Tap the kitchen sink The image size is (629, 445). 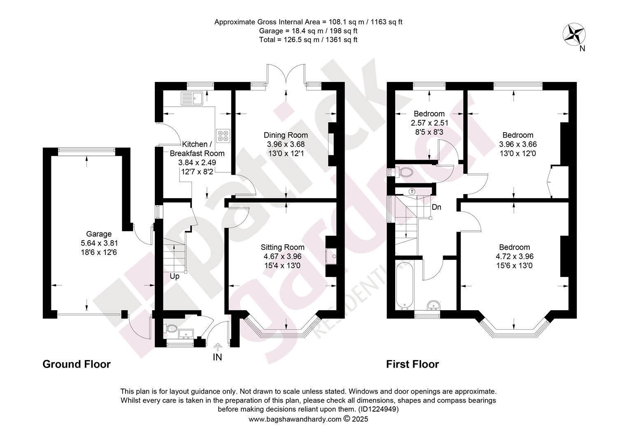point(192,98)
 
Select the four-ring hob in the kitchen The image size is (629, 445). point(223,136)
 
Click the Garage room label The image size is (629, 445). point(98,234)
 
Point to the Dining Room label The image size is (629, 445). point(286,135)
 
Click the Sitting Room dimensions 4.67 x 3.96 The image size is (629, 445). point(282,256)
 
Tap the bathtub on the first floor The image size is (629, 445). point(405,286)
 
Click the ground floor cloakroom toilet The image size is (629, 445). point(171,328)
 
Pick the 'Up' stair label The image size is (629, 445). point(175,276)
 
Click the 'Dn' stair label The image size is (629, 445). point(436,207)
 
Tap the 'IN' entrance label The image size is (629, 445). point(217,357)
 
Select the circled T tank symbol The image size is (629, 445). point(412,192)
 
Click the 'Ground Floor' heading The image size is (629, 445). point(77,364)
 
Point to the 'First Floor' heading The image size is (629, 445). point(412,364)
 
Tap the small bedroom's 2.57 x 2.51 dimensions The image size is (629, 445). point(429,123)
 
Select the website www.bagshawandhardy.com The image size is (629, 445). point(295,419)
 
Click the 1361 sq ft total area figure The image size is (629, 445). point(341,40)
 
